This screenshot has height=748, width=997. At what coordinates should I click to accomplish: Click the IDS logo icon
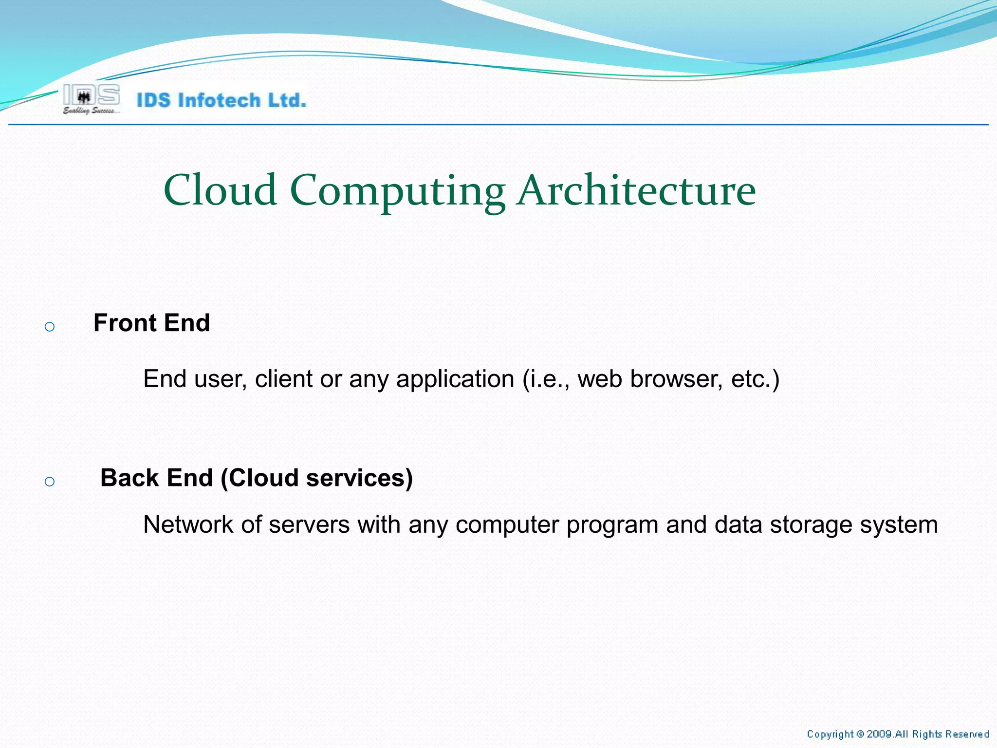click(x=91, y=95)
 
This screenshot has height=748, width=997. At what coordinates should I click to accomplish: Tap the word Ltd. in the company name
click(x=288, y=100)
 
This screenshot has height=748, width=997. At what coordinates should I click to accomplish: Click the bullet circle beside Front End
click(x=49, y=327)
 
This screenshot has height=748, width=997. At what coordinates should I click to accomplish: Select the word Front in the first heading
click(x=125, y=323)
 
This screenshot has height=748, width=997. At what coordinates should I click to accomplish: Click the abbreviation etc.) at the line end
click(x=755, y=379)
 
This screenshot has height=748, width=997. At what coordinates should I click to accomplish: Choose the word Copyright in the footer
click(x=830, y=734)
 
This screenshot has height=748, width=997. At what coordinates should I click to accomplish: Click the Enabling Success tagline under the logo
click(x=91, y=111)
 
